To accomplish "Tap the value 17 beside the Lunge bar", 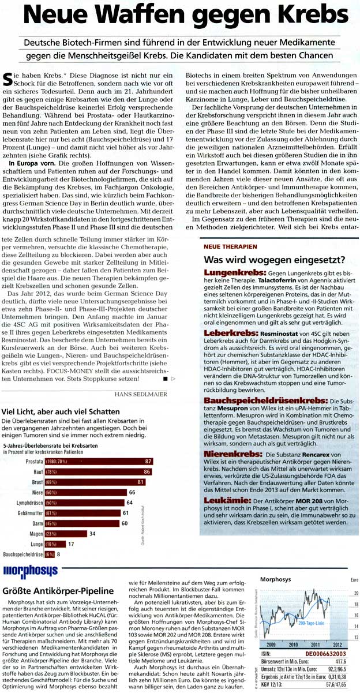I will click(71, 544).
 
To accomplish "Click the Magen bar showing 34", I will click(67, 534).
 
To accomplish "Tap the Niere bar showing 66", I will click(81, 492).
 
